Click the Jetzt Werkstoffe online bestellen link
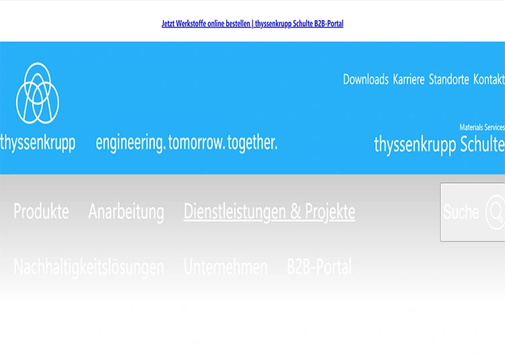(x=252, y=24)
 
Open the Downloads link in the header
(x=366, y=79)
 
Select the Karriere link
(x=409, y=79)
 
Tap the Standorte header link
(x=448, y=79)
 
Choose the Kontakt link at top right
(x=489, y=79)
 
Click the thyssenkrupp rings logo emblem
(x=38, y=93)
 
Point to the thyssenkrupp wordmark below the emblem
(x=38, y=143)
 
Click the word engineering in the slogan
(x=130, y=143)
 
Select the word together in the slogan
(x=252, y=143)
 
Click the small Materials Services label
(x=481, y=127)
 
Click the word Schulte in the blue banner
(x=483, y=144)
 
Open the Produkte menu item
(x=41, y=212)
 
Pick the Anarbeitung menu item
(x=126, y=212)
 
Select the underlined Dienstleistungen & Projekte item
(x=269, y=212)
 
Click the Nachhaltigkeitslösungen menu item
(x=89, y=267)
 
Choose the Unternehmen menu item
(x=226, y=267)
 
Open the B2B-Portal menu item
(x=319, y=267)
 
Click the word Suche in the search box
(x=461, y=213)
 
